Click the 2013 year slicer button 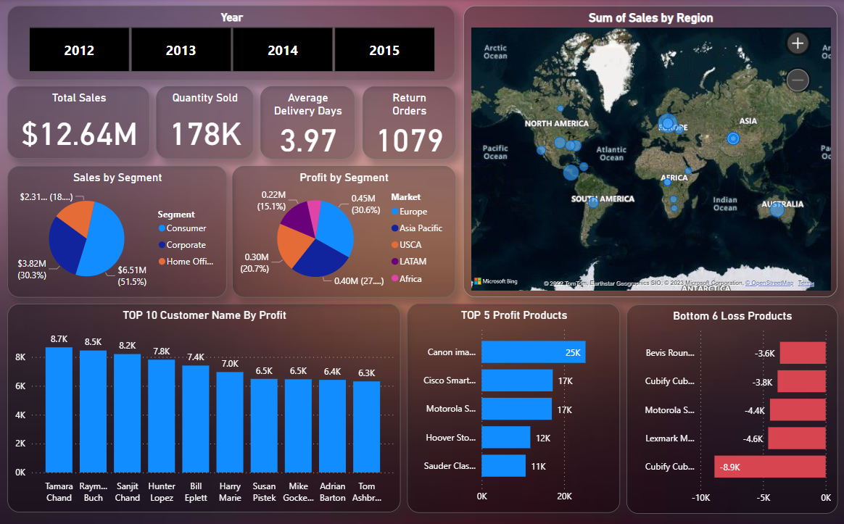click(181, 50)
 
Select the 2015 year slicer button click(384, 50)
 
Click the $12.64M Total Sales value click(79, 134)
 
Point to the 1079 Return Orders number click(409, 140)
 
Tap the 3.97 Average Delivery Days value click(308, 140)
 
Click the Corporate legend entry click(186, 245)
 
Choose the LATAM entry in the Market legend click(413, 262)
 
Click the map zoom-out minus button click(798, 80)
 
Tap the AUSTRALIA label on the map click(782, 204)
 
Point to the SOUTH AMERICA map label click(603, 199)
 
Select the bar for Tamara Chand click(59, 409)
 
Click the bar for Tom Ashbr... click(366, 426)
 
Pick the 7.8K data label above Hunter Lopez click(162, 352)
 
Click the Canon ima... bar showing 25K click(533, 352)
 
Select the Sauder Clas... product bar click(503, 466)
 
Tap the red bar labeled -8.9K click(769, 466)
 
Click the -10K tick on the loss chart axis click(700, 498)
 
